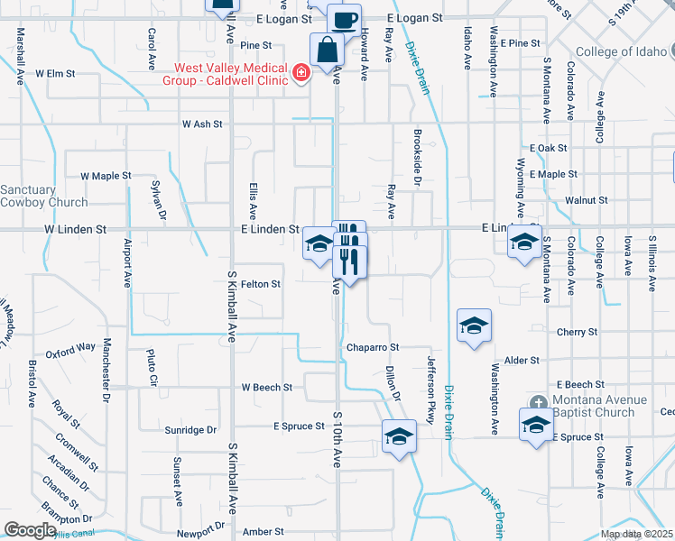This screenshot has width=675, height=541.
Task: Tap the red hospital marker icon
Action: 300,72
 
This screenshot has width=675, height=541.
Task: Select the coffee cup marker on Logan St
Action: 343,19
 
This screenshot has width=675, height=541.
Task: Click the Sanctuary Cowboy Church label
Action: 43,196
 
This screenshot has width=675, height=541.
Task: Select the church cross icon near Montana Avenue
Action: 539,402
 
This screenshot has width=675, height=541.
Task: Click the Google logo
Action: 30,530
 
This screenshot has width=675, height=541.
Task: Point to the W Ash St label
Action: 201,124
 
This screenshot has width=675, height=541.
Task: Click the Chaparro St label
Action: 371,347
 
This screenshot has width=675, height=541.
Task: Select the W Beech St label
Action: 266,387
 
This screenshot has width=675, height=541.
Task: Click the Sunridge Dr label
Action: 190,430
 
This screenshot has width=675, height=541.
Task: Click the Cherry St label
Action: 578,333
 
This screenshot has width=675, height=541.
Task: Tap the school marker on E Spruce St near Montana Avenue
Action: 536,425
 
